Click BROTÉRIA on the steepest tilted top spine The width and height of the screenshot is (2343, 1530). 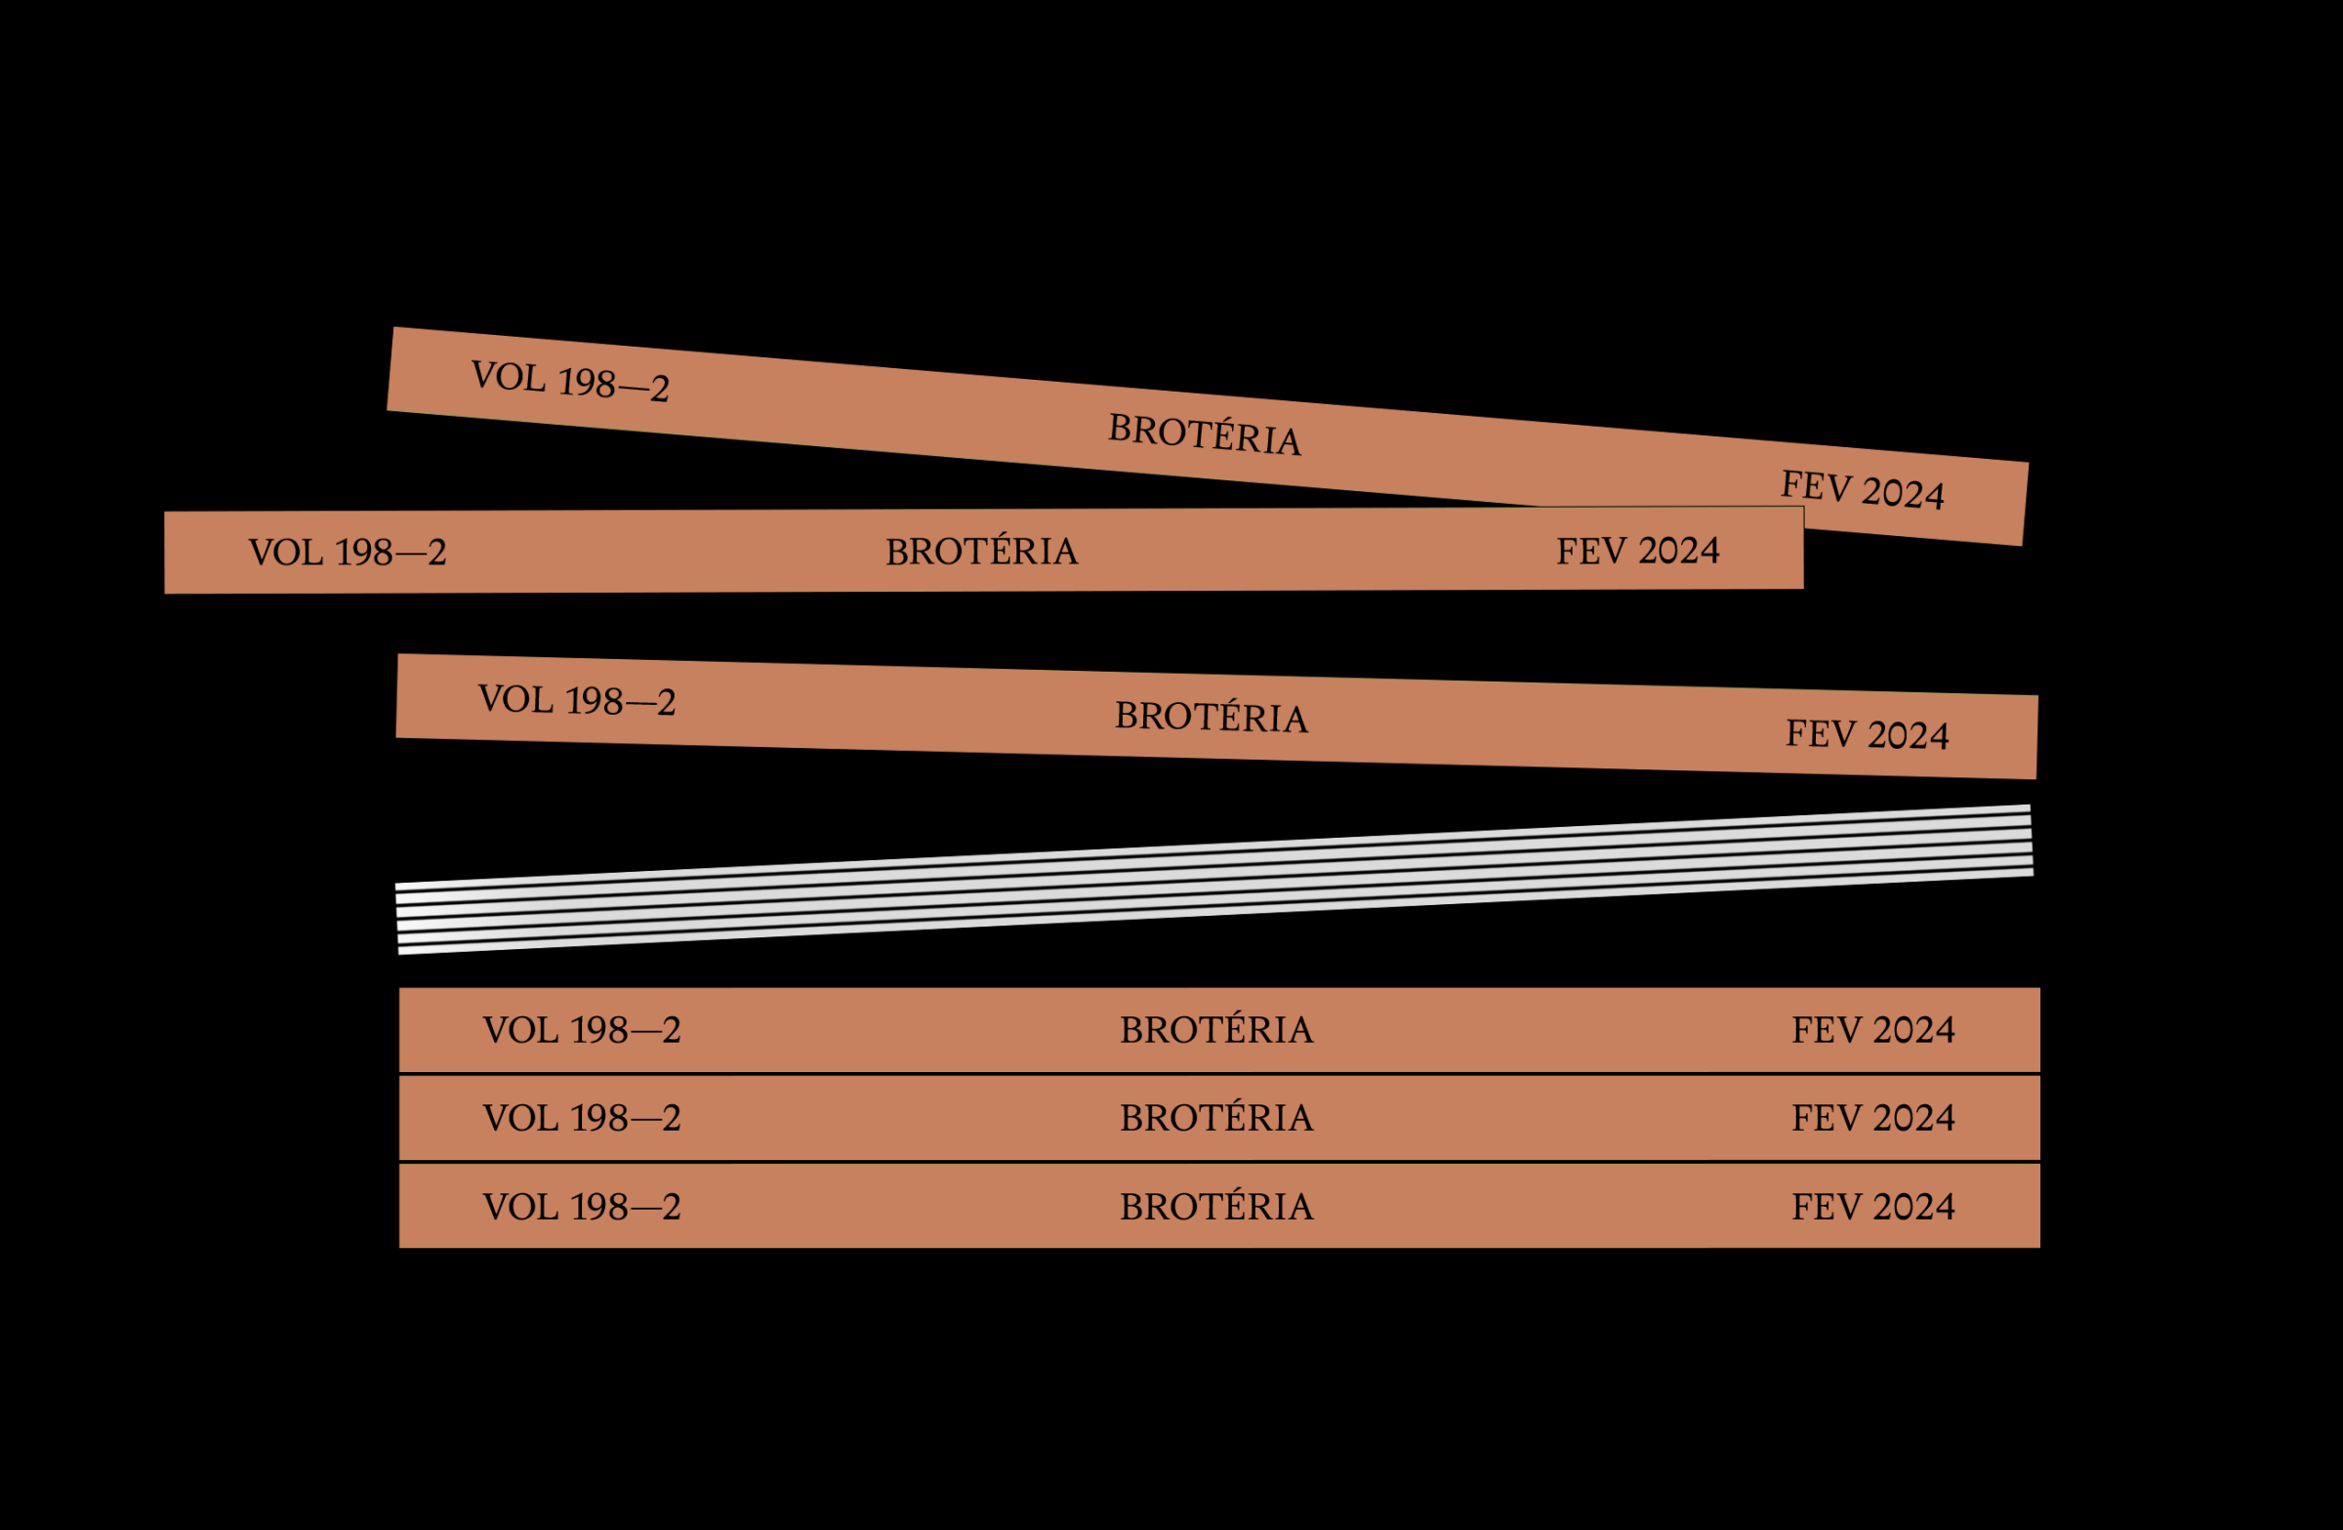click(x=1204, y=434)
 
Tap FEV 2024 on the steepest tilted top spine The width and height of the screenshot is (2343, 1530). click(x=1862, y=489)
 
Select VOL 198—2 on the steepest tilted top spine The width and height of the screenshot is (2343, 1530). click(x=570, y=380)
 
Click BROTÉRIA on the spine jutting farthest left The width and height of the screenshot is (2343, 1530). click(x=981, y=552)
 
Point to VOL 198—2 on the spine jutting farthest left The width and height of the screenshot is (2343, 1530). click(x=348, y=553)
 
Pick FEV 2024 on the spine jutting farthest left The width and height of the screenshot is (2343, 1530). click(x=1637, y=551)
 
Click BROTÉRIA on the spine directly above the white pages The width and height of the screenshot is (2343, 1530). click(x=1211, y=717)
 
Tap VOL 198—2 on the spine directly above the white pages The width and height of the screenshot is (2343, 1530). click(x=577, y=700)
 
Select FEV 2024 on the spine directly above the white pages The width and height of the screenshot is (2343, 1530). click(x=1867, y=734)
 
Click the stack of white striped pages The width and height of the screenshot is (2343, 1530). click(x=1213, y=879)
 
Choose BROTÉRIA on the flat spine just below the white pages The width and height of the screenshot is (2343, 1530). click(x=1215, y=1030)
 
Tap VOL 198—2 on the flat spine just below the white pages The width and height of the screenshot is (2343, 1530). click(x=582, y=1030)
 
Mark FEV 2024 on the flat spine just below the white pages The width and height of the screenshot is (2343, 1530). click(x=1872, y=1030)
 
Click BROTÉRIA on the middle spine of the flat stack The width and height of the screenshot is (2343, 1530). click(x=1215, y=1117)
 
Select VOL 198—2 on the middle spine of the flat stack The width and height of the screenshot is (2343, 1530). click(x=582, y=1117)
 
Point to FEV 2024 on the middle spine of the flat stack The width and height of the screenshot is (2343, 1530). click(x=1872, y=1117)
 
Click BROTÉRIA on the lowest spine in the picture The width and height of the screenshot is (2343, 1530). click(x=1215, y=1206)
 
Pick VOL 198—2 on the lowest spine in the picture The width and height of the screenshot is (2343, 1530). click(x=582, y=1206)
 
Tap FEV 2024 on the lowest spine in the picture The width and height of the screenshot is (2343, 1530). click(x=1872, y=1206)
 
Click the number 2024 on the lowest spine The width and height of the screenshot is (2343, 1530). click(x=1912, y=1206)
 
